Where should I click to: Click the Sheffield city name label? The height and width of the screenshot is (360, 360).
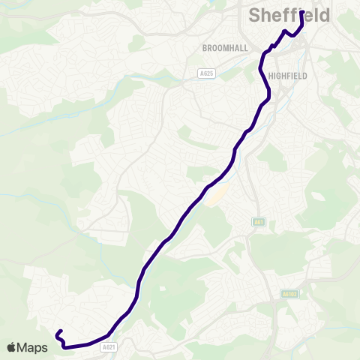coord(289,16)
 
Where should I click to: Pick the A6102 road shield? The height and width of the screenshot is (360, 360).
coord(290,294)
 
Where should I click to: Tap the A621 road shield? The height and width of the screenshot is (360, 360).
coord(109,347)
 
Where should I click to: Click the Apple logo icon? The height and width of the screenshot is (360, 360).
coord(12,347)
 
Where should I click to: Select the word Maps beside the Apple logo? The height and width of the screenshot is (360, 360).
coord(33,348)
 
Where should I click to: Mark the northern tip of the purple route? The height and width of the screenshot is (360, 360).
coord(301,12)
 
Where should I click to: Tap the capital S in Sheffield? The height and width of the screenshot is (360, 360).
coord(254,16)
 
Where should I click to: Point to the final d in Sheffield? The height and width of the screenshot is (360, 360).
coord(324,16)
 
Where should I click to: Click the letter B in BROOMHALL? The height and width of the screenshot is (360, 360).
coord(204,47)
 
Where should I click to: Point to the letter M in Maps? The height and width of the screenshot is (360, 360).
coord(23,348)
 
